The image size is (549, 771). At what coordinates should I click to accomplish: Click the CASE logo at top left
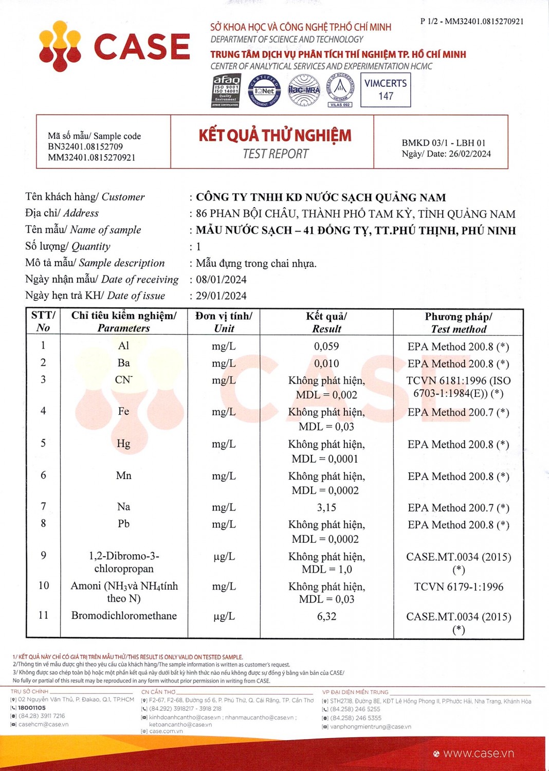[114, 46]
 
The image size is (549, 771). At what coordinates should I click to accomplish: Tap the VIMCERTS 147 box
[386, 89]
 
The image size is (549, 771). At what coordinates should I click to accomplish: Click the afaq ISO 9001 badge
[226, 90]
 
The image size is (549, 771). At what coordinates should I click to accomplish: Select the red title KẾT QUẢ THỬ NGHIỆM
[275, 135]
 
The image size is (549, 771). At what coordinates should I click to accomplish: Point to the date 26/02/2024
[469, 154]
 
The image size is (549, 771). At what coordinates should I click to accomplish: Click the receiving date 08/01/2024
[221, 280]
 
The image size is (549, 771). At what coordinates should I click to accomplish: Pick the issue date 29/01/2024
[221, 296]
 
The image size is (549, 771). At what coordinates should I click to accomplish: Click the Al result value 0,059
[326, 346]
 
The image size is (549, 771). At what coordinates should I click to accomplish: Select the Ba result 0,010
[326, 363]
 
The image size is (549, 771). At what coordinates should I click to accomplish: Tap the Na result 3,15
[326, 507]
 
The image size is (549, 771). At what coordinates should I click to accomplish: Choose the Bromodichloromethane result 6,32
[326, 616]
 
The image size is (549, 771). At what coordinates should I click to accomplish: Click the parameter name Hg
[123, 444]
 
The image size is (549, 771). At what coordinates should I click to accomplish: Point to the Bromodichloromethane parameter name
[124, 616]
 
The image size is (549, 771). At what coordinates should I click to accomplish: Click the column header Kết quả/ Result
[326, 322]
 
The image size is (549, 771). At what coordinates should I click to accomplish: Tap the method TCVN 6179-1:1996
[459, 586]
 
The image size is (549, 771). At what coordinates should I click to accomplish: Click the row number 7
[43, 506]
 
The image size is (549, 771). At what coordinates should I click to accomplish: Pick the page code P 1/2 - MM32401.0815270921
[472, 22]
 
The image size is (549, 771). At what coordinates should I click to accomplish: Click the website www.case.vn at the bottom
[478, 754]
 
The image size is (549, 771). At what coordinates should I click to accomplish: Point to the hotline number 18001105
[32, 708]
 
